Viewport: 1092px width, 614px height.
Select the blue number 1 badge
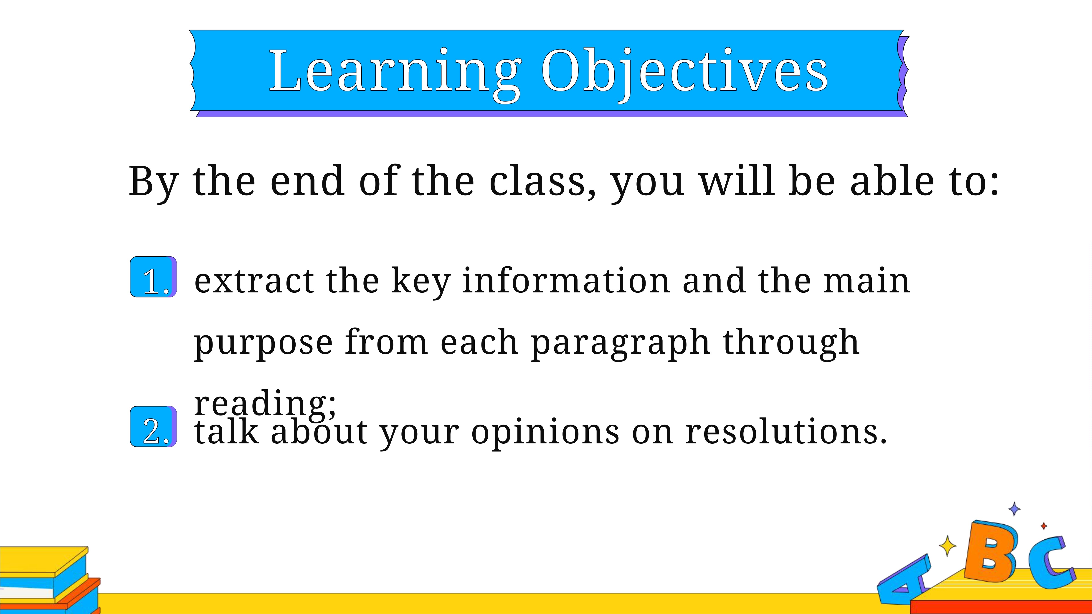click(x=153, y=277)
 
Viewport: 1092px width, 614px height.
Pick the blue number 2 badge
click(x=153, y=426)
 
